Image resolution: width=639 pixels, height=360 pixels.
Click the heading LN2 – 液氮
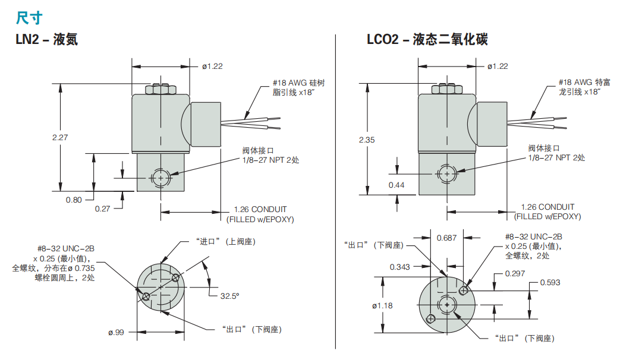[x=46, y=40]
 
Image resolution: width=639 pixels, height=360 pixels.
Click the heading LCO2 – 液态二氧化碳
[x=427, y=40]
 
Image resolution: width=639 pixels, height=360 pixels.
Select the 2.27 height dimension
[x=61, y=137]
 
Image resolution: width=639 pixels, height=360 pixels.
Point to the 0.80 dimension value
[x=74, y=200]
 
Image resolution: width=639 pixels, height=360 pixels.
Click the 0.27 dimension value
[x=103, y=209]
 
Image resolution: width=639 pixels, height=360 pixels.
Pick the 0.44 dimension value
[x=396, y=185]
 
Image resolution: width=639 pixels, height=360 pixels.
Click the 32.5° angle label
[x=229, y=295]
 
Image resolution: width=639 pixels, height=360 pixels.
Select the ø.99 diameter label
[x=116, y=332]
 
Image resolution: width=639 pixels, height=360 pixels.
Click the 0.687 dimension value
[x=446, y=238]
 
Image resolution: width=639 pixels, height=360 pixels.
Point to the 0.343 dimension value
[x=400, y=267]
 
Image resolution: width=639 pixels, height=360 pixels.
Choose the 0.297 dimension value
[x=515, y=273]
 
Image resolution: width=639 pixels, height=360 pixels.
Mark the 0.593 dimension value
[x=550, y=283]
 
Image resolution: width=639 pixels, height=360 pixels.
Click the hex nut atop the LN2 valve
[x=160, y=89]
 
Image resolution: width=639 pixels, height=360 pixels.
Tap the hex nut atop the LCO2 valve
[x=446, y=89]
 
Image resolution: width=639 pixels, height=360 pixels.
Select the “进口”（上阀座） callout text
[x=225, y=241]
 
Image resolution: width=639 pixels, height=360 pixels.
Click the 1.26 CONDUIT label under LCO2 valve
[x=547, y=207]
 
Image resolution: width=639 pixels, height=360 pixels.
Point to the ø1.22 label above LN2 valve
[x=212, y=67]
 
